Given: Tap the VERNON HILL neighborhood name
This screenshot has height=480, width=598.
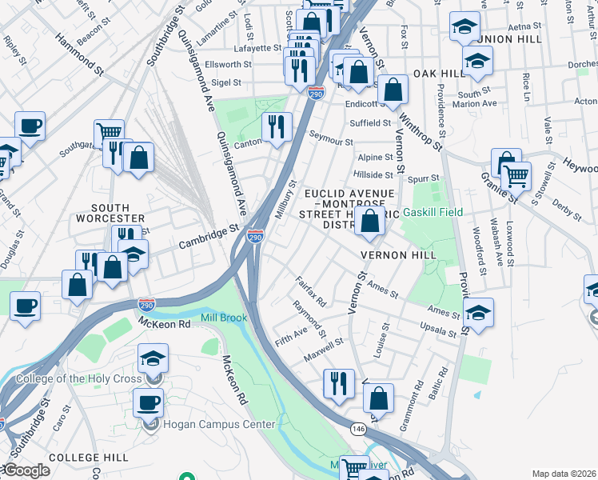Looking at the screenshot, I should [x=398, y=254].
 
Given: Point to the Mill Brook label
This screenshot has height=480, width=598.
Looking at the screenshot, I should [x=224, y=318].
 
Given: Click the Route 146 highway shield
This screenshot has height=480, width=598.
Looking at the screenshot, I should [x=357, y=429].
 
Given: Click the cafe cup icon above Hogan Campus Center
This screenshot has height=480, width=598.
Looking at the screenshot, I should [x=148, y=402].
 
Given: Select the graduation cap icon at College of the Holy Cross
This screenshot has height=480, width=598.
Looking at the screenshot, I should [x=153, y=358].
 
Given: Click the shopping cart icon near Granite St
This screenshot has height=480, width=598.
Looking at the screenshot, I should [x=516, y=174].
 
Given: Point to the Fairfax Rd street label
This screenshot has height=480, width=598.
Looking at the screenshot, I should [x=311, y=292].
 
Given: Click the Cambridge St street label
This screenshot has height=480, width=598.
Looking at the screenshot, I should [x=209, y=236].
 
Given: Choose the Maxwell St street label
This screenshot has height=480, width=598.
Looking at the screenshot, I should [x=324, y=348].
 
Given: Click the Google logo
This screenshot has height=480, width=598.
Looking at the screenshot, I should [x=26, y=470].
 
